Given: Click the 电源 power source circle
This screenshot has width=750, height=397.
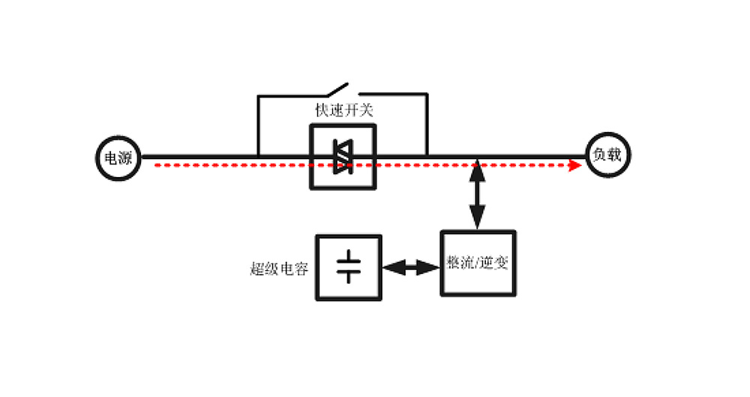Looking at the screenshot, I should [x=118, y=158].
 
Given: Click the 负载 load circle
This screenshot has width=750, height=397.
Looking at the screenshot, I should [x=607, y=156].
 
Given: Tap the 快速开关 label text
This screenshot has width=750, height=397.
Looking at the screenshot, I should [x=343, y=110].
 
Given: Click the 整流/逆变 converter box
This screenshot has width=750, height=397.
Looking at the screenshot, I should [x=478, y=263].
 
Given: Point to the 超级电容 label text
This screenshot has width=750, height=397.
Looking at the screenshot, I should [x=279, y=269].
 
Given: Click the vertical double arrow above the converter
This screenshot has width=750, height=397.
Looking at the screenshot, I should [x=478, y=194].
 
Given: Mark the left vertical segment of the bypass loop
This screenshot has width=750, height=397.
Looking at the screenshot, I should [x=258, y=126].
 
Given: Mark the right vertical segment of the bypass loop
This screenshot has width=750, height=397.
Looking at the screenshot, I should [x=427, y=126].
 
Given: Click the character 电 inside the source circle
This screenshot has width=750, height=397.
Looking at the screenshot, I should [x=111, y=158].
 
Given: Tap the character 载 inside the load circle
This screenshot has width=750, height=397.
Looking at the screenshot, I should [x=615, y=156].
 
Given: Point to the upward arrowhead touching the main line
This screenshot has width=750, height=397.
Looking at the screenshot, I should [x=478, y=170].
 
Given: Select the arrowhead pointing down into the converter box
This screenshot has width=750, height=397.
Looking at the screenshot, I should [x=478, y=221].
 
